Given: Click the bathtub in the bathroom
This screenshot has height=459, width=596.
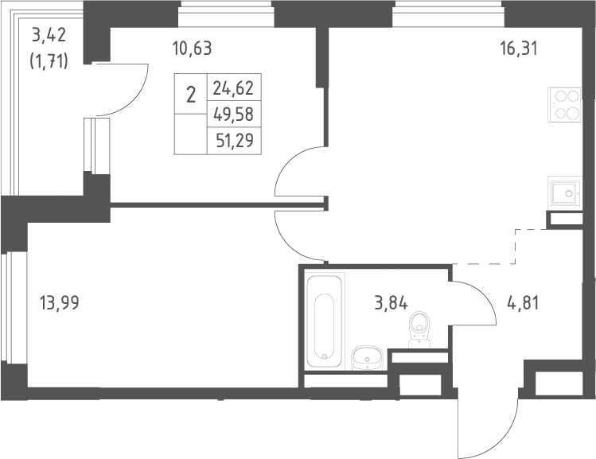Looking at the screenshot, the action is [324, 321].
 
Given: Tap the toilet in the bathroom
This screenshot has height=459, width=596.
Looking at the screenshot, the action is [419, 329].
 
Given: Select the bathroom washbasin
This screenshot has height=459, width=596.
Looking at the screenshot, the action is [367, 357].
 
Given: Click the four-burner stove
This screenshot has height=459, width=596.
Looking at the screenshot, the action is [564, 104].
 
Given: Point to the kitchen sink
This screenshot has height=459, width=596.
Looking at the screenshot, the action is [564, 193].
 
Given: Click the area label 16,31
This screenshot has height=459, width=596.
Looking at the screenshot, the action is [520, 49].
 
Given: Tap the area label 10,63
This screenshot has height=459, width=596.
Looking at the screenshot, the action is [192, 49].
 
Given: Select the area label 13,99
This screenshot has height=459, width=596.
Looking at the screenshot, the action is [60, 303].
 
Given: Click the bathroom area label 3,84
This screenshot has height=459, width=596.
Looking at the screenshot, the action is [391, 304].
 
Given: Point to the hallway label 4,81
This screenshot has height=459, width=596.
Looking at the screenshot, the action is [523, 304].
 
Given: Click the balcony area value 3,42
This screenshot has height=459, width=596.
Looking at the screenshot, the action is [49, 35].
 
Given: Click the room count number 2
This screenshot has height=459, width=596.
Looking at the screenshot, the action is [191, 95].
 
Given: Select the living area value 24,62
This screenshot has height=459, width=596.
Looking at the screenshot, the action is [233, 88].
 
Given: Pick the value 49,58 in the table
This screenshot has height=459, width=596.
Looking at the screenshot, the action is [233, 114].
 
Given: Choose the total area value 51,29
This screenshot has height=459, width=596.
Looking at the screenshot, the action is [235, 141].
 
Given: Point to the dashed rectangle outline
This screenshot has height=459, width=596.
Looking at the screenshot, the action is [516, 247].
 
